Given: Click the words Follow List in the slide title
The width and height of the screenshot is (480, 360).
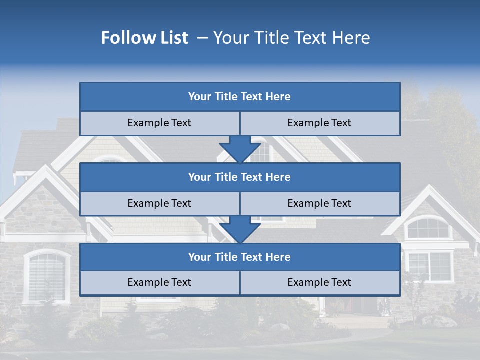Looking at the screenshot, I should [x=144, y=38].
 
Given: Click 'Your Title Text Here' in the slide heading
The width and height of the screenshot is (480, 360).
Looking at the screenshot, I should [x=292, y=38].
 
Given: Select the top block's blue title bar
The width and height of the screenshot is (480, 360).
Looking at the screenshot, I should [x=240, y=97].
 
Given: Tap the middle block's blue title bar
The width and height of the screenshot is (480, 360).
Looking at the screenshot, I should [x=240, y=177].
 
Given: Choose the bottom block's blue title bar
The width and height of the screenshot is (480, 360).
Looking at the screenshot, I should [x=240, y=257].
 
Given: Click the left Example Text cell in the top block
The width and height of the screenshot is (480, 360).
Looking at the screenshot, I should [x=160, y=123].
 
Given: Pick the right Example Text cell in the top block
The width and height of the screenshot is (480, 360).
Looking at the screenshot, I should [x=320, y=123].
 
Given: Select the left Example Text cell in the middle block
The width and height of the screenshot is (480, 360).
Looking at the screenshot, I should [x=160, y=204].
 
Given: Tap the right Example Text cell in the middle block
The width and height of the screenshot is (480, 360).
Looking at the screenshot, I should [x=320, y=204].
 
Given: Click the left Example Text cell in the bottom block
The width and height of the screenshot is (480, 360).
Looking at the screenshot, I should [x=160, y=283].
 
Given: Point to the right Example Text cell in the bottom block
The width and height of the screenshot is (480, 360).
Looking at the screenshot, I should [x=320, y=283].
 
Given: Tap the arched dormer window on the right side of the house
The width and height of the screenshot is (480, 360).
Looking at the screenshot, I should [x=428, y=228].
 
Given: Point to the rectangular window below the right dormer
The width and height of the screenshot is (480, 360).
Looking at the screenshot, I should [x=430, y=266].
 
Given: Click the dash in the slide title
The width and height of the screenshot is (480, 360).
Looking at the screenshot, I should [x=202, y=38].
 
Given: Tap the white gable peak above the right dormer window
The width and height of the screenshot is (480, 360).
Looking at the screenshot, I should [x=429, y=190].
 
